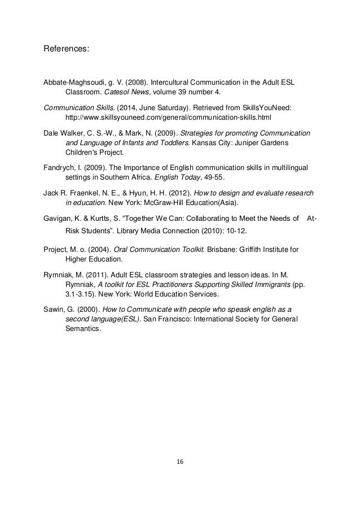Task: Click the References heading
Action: (67, 50)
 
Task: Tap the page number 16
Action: (180, 461)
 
